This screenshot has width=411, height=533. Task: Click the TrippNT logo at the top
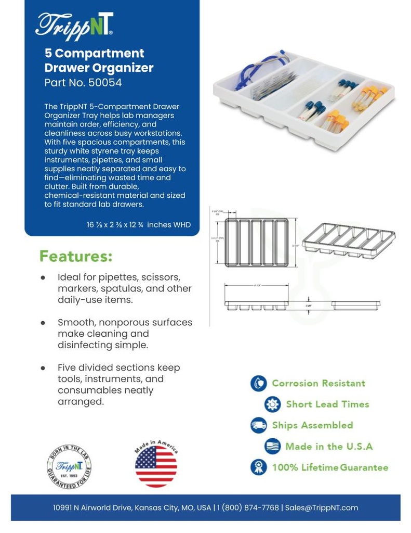tap(74, 24)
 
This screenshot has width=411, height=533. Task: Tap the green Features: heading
tap(76, 257)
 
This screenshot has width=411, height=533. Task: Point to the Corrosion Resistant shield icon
tap(258, 384)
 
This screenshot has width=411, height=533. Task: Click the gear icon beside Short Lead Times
tap(272, 404)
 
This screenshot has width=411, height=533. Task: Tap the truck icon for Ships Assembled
tap(258, 425)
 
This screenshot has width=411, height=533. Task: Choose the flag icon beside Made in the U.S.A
tap(272, 446)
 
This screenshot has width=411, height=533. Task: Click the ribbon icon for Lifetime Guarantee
tap(258, 467)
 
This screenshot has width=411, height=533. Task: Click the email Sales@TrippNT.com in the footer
tap(321, 507)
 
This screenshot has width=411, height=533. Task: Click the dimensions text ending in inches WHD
tap(139, 225)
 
